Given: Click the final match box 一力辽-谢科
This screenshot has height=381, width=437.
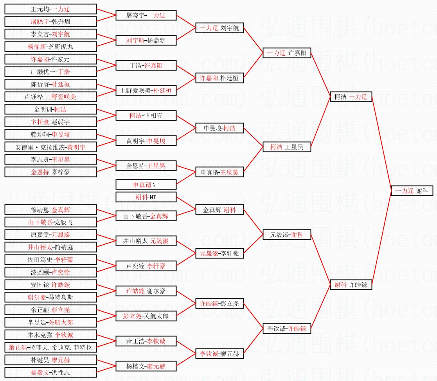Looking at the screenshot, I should tap(412, 191).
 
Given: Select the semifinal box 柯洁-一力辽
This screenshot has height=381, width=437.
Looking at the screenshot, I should tap(351, 97).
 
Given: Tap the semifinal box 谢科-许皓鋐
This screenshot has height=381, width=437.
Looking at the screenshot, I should tap(351, 285).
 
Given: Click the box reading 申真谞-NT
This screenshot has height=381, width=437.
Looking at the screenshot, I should tap(146, 184).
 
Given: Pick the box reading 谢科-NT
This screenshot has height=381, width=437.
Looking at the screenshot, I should tap(146, 197).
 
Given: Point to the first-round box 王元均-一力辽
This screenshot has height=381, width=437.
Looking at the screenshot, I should tap(50, 9).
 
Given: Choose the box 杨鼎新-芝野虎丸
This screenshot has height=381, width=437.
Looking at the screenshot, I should tap(50, 47).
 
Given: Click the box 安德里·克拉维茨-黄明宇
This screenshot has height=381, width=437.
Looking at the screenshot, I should tap(50, 147).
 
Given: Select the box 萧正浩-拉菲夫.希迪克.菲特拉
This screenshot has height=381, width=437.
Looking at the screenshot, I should tap(50, 347).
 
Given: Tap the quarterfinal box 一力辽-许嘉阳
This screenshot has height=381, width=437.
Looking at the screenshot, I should tap(287, 53).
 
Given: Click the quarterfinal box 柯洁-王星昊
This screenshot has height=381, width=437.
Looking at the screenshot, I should tap(287, 147).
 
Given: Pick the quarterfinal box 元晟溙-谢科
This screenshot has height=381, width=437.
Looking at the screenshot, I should tap(287, 235).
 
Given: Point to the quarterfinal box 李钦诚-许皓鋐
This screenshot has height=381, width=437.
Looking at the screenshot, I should tap(287, 329).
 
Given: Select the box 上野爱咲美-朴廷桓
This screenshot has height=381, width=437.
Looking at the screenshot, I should tap(146, 90).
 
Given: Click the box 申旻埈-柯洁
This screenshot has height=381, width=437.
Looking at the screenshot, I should tap(219, 128).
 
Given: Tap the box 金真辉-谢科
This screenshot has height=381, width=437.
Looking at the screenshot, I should tap(219, 209).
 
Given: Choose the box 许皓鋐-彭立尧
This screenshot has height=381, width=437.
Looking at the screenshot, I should tap(219, 303).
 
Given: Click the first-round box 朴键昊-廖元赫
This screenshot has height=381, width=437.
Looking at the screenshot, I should tap(50, 360).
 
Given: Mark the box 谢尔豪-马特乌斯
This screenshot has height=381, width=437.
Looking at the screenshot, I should tap(50, 297).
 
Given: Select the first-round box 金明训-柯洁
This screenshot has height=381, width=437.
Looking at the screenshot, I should tap(50, 109).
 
